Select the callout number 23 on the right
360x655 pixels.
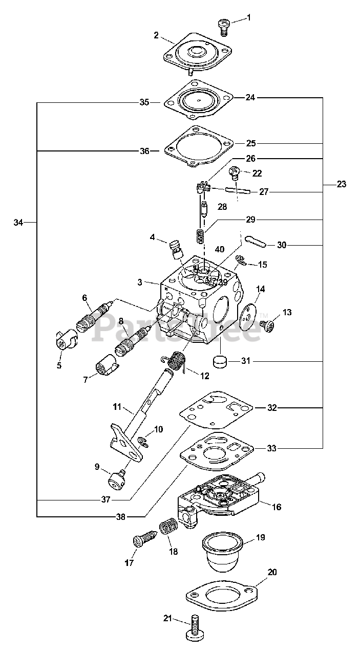click(x=341, y=184)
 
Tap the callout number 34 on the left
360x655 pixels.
click(x=18, y=223)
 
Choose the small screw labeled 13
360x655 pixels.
click(x=267, y=325)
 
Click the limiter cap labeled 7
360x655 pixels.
click(x=107, y=364)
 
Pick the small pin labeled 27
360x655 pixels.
click(x=238, y=190)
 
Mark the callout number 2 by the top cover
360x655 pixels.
click(x=156, y=35)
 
